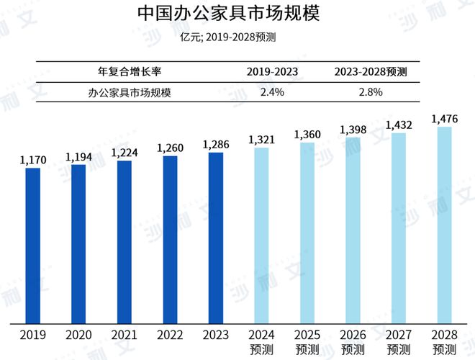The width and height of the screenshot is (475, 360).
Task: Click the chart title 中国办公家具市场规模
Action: point(237,14)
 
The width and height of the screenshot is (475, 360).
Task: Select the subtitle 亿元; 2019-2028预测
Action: point(237,37)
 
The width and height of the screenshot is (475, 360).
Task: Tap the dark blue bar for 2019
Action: point(32,245)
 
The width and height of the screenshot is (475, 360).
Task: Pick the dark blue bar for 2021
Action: point(124,241)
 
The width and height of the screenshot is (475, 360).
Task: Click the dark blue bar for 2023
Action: point(215,238)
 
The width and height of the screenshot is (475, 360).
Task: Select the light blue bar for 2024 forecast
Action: point(261,235)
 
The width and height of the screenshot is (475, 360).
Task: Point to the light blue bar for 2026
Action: point(353,230)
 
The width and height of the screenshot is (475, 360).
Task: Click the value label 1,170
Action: point(32,161)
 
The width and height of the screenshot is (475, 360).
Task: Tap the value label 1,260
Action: point(170,148)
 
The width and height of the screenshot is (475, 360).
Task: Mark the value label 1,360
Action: point(307,135)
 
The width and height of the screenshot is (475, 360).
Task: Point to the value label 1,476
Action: point(444,119)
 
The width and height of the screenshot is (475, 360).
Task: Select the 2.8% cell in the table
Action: point(371,92)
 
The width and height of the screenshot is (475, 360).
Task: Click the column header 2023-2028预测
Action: point(371,73)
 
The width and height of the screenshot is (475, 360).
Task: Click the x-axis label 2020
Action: point(78,336)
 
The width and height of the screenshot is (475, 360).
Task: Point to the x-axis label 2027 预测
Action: point(398,342)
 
